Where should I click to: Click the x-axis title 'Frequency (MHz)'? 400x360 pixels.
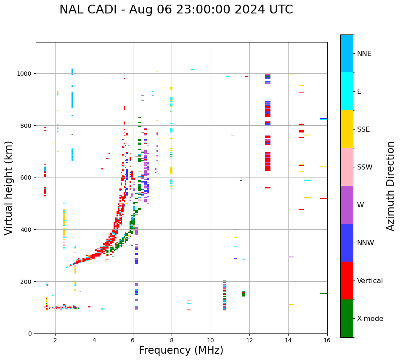(181, 350)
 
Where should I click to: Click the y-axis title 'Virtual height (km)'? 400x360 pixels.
(9, 188)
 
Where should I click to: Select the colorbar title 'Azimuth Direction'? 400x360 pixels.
(391, 186)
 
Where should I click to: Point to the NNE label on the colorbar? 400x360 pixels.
(364, 53)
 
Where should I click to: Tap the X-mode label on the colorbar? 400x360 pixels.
(370, 319)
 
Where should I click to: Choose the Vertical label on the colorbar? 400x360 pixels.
(370, 281)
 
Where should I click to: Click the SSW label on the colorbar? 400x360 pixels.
(365, 167)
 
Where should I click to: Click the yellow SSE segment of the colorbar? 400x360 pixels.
(347, 129)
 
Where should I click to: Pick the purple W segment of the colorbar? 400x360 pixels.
(347, 205)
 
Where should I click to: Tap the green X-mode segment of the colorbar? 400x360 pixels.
(347, 318)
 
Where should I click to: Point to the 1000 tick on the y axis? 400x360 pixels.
(26, 74)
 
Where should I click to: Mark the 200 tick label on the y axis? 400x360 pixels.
(28, 281)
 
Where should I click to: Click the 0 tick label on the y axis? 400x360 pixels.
(30, 334)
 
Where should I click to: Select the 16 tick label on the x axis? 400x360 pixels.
(327, 341)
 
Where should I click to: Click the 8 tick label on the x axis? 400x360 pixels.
(172, 341)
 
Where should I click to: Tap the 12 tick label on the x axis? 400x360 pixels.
(249, 341)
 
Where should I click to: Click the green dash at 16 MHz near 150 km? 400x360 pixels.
(323, 294)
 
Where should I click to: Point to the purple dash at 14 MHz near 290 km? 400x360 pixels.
(291, 257)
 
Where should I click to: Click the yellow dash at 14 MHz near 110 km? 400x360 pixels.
(291, 304)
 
